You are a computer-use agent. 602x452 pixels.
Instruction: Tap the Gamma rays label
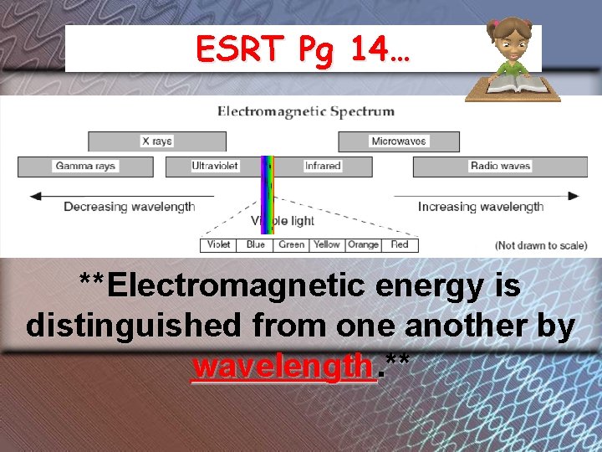(x=85, y=166)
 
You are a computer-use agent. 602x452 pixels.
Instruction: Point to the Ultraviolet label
(x=215, y=166)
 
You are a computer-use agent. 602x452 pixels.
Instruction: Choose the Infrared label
(x=323, y=166)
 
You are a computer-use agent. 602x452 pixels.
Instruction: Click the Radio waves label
(x=500, y=166)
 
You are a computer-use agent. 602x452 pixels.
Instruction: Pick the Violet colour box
(x=219, y=244)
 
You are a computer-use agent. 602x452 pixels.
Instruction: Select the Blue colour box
(x=256, y=244)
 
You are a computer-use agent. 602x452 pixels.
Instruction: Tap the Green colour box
(x=292, y=244)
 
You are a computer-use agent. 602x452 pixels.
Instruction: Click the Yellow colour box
(x=326, y=244)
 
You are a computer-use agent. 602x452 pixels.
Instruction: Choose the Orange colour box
(x=363, y=244)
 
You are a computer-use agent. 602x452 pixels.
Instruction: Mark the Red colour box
(x=400, y=244)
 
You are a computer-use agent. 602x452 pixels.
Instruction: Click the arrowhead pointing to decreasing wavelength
(x=35, y=197)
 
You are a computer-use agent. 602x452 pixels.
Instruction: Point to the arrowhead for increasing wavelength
(x=573, y=197)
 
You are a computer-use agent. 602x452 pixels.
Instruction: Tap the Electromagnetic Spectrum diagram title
(x=306, y=111)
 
